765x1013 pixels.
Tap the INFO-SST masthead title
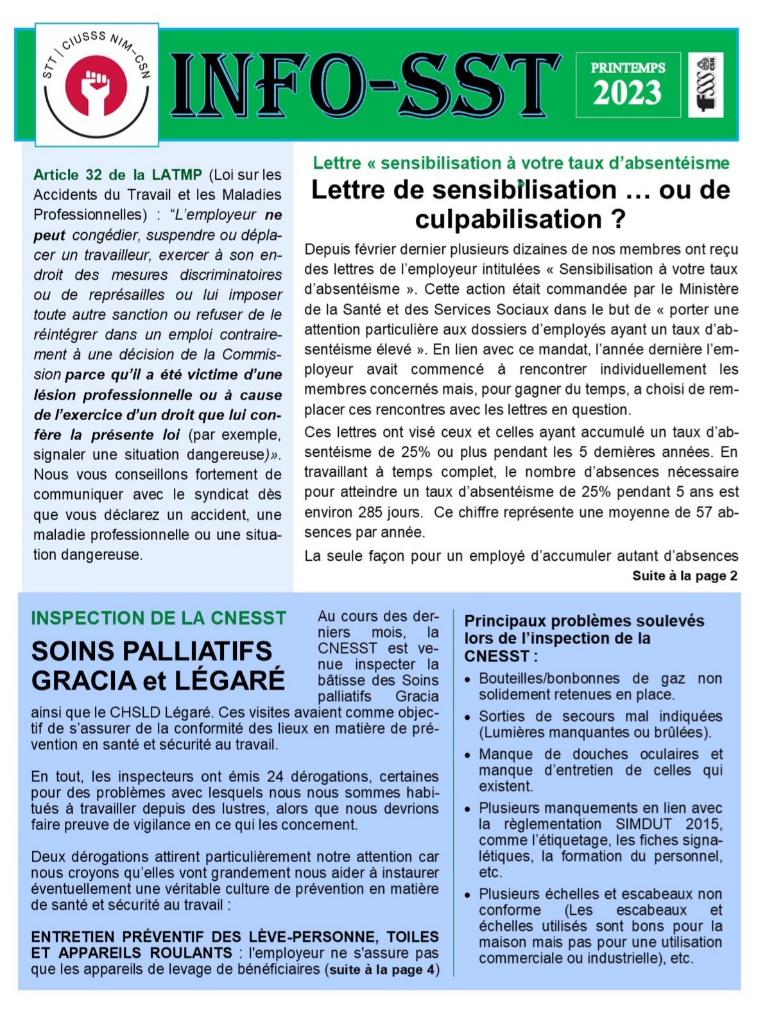coord(365,85)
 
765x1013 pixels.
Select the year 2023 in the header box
coord(627,94)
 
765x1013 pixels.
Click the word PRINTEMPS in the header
coord(628,68)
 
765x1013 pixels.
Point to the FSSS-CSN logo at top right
coord(705,85)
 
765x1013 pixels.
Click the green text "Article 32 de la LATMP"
coord(117,175)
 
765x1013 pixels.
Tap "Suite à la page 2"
coord(685,575)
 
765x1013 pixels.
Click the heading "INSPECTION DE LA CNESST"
coord(159,618)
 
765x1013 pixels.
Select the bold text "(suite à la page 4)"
coord(382,969)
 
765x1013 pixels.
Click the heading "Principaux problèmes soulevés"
coord(584,621)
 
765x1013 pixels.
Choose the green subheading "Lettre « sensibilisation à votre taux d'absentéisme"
coord(520,163)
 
